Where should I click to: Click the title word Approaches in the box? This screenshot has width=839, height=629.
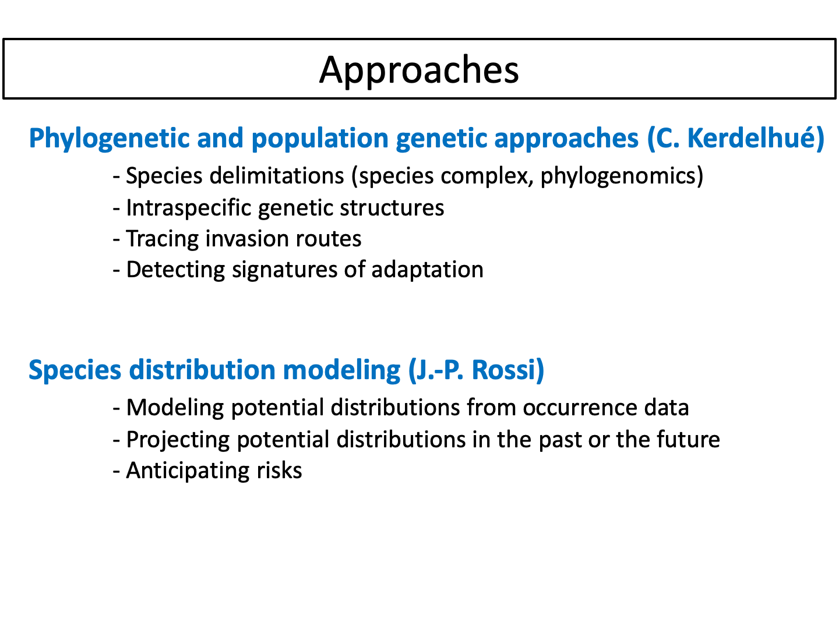tap(419, 70)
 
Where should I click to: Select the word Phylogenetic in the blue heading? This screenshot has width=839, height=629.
tap(109, 139)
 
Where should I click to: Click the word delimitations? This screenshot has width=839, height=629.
tap(277, 176)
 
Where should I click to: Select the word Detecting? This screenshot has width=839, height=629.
tap(175, 271)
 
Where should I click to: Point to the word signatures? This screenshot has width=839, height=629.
tap(285, 271)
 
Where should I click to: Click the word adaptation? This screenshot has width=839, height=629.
tap(427, 270)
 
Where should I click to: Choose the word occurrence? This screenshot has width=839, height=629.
tap(580, 408)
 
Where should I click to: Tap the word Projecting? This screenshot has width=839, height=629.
tap(178, 440)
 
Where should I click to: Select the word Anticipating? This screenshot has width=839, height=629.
tap(188, 471)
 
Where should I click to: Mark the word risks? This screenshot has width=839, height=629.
tap(279, 471)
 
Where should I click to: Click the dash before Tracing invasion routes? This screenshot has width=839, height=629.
tap(117, 240)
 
